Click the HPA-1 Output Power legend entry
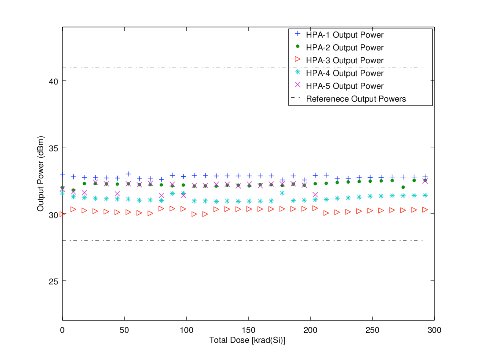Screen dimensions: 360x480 344,35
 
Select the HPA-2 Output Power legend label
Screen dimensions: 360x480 344,48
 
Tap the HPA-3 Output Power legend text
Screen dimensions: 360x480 344,60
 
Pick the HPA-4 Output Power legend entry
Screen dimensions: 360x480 344,73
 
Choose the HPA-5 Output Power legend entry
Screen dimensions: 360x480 344,86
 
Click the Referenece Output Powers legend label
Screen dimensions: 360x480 356,99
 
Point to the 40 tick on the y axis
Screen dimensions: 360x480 53,81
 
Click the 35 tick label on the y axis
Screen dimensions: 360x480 53,147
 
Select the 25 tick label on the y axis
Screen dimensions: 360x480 53,280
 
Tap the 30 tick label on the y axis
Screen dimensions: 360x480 53,214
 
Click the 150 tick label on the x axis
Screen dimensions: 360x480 248,330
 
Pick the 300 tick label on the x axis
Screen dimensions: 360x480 434,330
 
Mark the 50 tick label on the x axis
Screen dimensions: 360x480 124,330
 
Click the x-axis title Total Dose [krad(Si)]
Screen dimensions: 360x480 248,340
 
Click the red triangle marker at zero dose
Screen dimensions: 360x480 62,214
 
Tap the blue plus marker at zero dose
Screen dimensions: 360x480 62,175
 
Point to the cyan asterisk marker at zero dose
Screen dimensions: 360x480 62,193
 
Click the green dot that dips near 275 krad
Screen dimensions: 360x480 403,187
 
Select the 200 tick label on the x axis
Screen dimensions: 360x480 310,330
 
